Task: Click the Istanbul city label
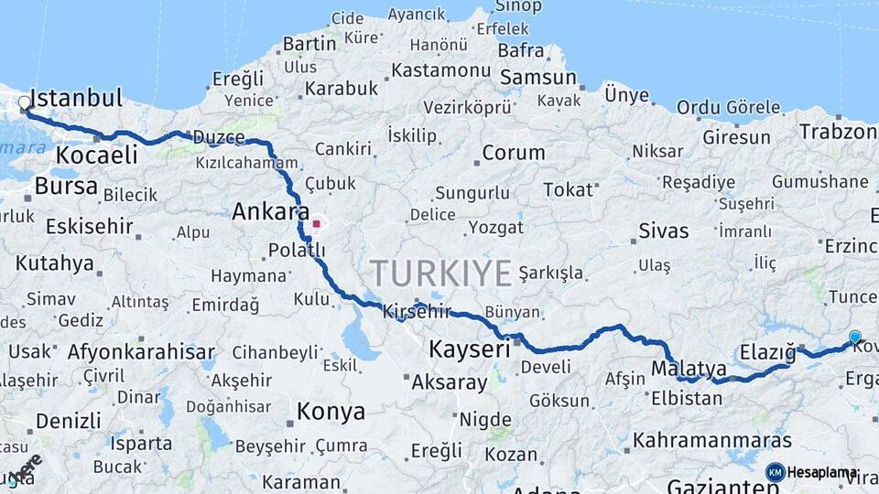coord(77,99)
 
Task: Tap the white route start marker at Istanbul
coord(25,103)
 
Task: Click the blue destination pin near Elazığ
coord(855,338)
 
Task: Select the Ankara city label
coord(270,212)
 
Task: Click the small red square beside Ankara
coord(316,222)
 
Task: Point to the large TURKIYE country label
coord(440,273)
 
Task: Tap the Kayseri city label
coord(470,349)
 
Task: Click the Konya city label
coord(331,412)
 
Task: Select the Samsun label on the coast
coord(538,78)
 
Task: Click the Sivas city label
coord(664,230)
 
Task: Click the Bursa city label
coord(66,187)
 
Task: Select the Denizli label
coord(70,421)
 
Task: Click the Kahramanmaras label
coord(710,439)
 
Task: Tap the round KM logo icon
coord(775,472)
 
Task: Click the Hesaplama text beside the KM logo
coord(823,472)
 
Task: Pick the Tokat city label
coord(569,189)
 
